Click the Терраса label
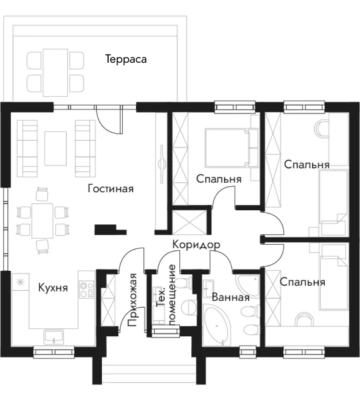126,59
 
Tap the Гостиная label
111,189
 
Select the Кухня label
53,288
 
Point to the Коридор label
196,245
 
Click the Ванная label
231,297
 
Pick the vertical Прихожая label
132,300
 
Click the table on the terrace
55,73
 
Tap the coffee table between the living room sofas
55,148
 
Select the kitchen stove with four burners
87,289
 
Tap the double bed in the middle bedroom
227,148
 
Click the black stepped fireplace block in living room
110,230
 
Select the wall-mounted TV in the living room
162,164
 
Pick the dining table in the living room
42,221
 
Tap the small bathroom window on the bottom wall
248,352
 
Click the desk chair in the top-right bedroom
321,129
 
